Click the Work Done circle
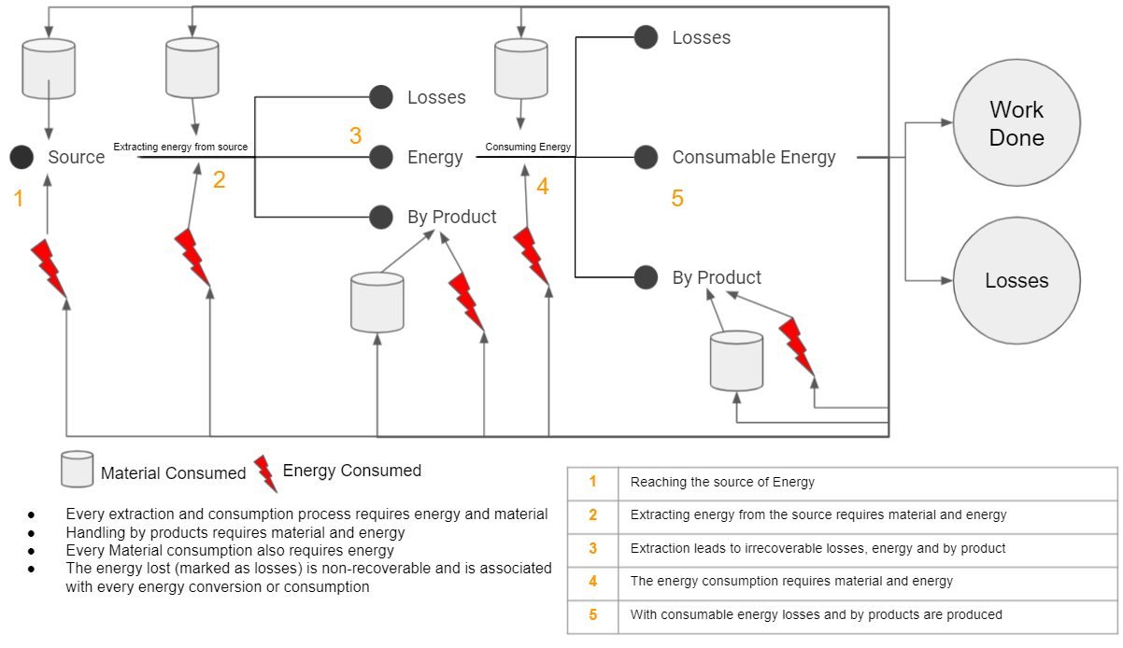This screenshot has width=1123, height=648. click(x=1016, y=123)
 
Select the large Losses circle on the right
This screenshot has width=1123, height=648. click(x=1016, y=280)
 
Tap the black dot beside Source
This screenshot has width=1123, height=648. click(x=22, y=157)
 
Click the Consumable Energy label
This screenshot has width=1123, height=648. click(x=753, y=157)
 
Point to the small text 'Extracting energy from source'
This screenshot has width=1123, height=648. click(x=180, y=147)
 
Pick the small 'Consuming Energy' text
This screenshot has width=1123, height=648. click(x=528, y=147)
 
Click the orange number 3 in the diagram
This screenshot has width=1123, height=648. click(x=355, y=136)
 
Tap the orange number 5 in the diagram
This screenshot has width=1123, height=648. click(x=677, y=199)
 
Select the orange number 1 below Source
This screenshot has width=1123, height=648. click(x=18, y=198)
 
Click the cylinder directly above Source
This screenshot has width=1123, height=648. click(x=48, y=68)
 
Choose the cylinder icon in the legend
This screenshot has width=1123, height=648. click(x=77, y=469)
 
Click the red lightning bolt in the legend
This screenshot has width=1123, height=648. click(x=266, y=472)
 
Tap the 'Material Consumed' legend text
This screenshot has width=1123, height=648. click(x=173, y=473)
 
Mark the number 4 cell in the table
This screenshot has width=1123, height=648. click(x=592, y=581)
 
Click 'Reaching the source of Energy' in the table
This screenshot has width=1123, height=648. click(x=722, y=482)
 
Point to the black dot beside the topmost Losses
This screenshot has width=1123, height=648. click(x=646, y=37)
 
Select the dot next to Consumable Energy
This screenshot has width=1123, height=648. click(x=646, y=157)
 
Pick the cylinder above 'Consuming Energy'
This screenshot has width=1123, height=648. click(x=520, y=68)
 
